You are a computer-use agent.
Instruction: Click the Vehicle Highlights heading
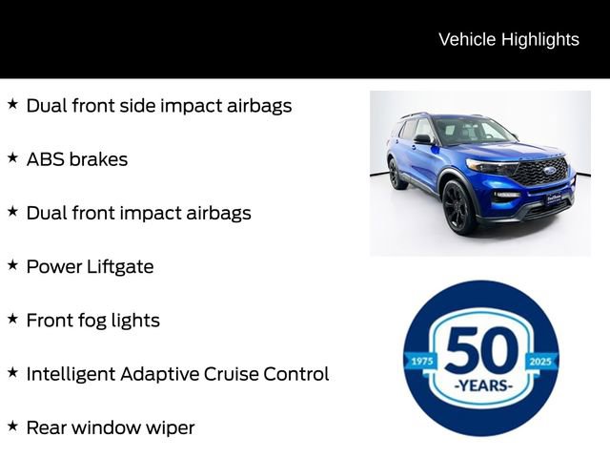click(508, 39)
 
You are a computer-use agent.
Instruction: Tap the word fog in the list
click(100, 321)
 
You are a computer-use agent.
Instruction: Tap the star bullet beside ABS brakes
click(12, 157)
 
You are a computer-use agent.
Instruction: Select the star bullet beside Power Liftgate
click(12, 264)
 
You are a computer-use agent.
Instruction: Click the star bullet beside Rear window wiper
click(12, 426)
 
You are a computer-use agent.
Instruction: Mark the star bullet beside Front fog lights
click(12, 318)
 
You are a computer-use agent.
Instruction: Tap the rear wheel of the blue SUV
click(396, 175)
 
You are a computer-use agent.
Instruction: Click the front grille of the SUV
click(541, 173)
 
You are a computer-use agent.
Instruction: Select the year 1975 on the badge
click(420, 361)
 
